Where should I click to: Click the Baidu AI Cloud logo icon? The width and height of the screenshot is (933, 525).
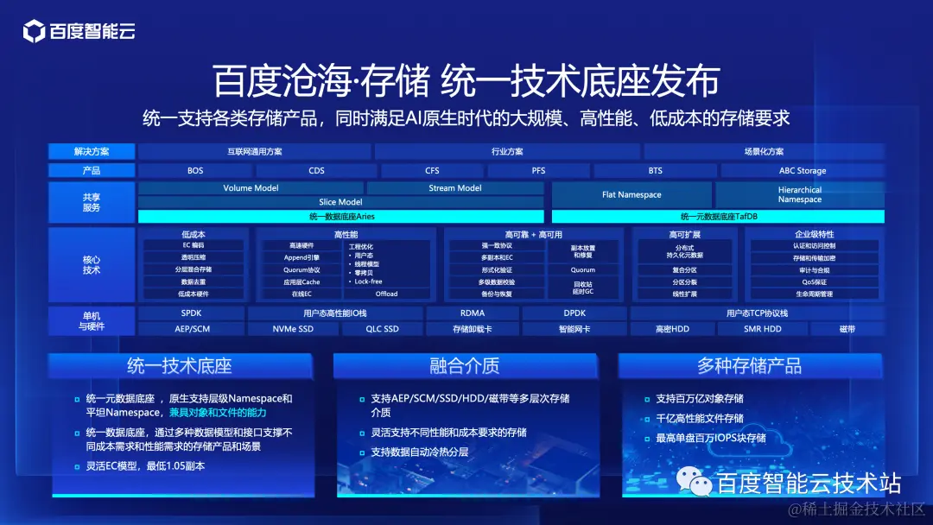click(34, 32)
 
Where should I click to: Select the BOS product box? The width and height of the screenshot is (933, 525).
click(195, 171)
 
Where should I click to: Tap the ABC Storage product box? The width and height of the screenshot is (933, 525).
click(803, 171)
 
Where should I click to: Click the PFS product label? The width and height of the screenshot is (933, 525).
click(538, 171)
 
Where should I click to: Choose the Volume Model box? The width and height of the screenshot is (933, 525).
click(251, 188)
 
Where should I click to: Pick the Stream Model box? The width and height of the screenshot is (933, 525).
click(455, 188)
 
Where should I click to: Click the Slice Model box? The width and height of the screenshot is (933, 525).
click(340, 202)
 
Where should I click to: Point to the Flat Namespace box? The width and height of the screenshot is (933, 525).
click(632, 195)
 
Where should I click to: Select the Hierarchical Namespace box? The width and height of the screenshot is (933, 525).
click(800, 195)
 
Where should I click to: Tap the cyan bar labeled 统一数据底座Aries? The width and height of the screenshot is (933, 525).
click(340, 217)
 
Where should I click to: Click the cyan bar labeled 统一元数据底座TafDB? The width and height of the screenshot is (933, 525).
click(718, 217)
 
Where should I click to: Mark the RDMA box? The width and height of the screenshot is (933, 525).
click(473, 313)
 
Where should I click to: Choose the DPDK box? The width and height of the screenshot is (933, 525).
click(574, 313)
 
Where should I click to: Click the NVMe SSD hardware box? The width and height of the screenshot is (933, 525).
click(293, 329)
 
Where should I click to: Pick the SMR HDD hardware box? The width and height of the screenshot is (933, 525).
click(763, 329)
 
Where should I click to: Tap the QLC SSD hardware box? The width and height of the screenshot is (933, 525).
click(382, 329)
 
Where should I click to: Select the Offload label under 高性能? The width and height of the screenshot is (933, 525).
click(386, 294)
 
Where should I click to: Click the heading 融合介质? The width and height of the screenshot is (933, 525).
click(465, 366)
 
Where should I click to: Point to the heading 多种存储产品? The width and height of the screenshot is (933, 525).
click(749, 366)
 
